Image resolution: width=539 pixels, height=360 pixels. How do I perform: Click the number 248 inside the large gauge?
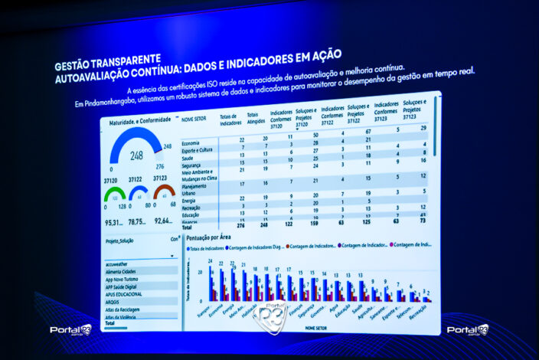click(x=136, y=155)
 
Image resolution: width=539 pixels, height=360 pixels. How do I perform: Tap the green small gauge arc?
click(x=115, y=191)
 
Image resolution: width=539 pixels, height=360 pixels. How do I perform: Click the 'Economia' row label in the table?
click(x=191, y=142)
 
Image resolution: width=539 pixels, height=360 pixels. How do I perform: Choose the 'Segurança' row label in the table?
click(x=192, y=164)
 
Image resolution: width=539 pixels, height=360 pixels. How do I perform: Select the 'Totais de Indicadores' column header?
click(x=231, y=117)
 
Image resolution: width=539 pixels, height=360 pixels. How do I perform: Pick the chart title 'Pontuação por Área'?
click(x=210, y=238)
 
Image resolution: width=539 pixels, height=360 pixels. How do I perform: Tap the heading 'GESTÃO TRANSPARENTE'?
click(x=108, y=58)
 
